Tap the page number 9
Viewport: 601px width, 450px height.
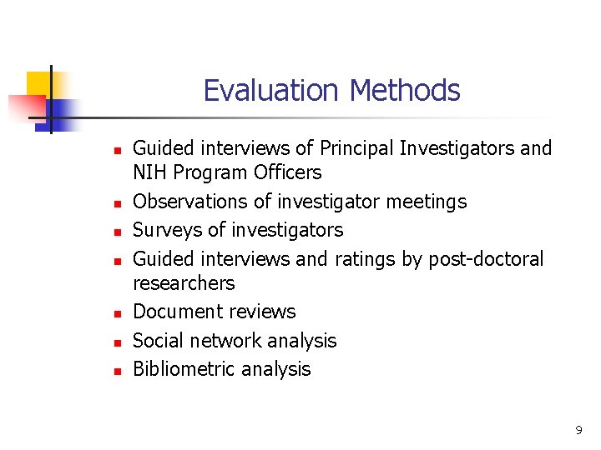pos(578,430)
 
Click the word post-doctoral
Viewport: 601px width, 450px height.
pos(486,259)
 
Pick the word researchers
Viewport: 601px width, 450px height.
pos(184,283)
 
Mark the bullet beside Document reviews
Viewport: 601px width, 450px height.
pos(118,313)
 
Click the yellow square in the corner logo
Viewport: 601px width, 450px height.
pos(39,84)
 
